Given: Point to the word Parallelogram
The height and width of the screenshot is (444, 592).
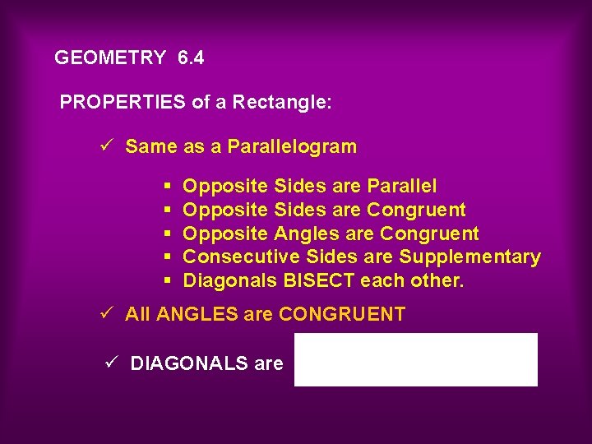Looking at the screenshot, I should point(292,147).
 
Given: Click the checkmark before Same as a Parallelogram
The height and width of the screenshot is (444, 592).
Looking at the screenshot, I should point(104,146).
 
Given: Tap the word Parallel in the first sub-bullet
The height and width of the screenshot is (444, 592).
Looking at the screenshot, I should point(402,187).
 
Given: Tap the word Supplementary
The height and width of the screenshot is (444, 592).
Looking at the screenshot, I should point(470,257).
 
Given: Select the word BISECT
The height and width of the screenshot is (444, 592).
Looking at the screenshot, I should point(320,281).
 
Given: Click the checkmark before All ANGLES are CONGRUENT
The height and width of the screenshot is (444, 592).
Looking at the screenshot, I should point(104,313).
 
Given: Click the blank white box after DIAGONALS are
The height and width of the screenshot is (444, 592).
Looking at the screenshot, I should point(416,359).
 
